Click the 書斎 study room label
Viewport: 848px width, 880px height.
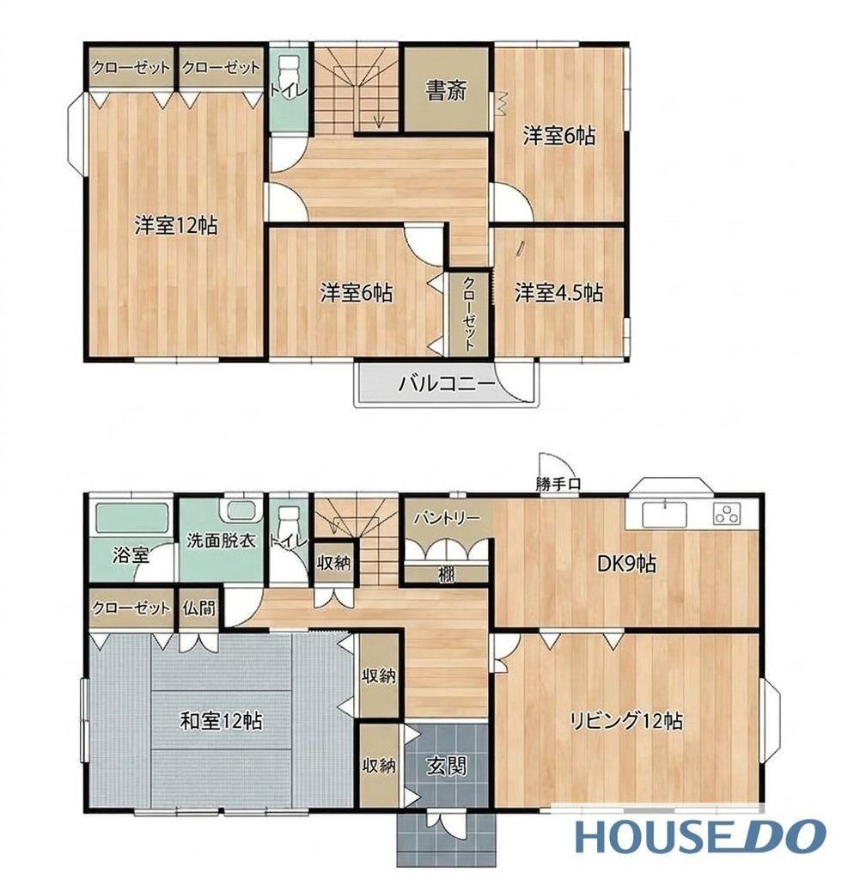446,90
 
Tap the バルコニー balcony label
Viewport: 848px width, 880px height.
447,384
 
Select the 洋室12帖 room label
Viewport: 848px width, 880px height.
175,225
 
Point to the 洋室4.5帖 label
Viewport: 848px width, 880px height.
558,292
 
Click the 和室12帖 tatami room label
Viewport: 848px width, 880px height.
221,720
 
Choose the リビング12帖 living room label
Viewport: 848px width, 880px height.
626,720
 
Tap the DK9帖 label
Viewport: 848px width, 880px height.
626,563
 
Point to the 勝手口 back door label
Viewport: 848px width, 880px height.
558,484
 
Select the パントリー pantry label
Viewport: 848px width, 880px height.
446,517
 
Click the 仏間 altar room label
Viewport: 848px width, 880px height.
199,608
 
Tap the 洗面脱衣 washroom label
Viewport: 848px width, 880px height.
221,540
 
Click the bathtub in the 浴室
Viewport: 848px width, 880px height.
132,517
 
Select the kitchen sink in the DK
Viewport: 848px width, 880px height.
664,514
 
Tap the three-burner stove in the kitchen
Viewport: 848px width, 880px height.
728,514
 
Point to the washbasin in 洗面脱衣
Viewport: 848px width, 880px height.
241,510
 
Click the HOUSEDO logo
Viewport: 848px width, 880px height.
700,836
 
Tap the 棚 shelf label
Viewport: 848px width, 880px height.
446,575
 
